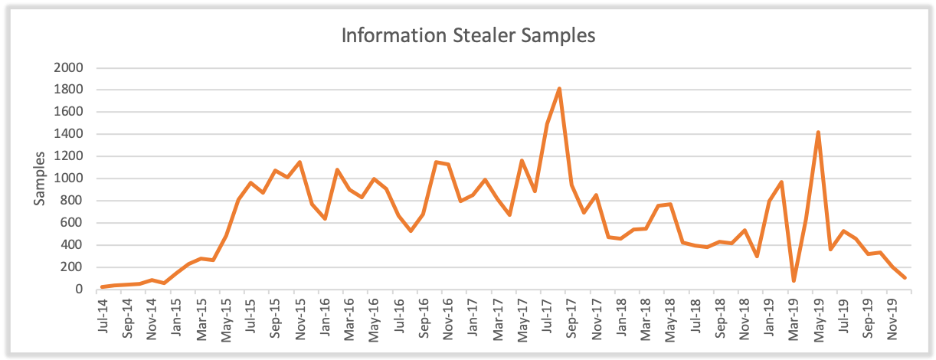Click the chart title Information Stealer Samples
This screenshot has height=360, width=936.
click(468, 36)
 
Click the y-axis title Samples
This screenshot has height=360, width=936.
click(39, 178)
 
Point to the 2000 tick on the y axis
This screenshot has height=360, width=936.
click(68, 68)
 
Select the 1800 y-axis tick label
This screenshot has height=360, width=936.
click(68, 90)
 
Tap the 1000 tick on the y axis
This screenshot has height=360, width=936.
click(68, 179)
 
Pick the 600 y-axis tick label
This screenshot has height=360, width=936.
click(71, 224)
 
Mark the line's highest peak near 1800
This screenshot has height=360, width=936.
click(559, 89)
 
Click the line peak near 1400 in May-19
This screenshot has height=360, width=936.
click(818, 133)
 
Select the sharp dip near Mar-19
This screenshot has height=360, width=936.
click(794, 280)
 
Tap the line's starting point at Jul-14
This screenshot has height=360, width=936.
click(103, 287)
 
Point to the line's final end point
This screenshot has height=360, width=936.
click(905, 277)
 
